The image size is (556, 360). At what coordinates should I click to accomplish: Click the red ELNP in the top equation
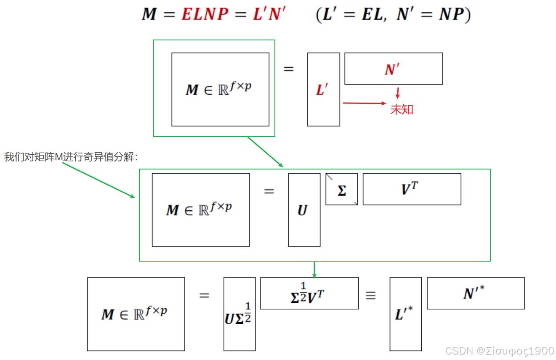(x=205, y=14)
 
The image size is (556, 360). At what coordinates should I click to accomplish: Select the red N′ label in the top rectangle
(x=392, y=69)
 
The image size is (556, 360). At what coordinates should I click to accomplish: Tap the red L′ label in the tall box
(x=322, y=90)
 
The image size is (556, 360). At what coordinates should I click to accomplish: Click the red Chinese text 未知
(x=402, y=110)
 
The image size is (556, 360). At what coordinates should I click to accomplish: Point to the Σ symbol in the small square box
(x=342, y=191)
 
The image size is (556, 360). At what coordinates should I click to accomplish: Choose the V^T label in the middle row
(x=410, y=189)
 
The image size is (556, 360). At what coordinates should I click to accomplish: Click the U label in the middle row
(x=302, y=210)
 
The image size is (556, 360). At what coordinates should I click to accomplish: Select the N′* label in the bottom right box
(x=475, y=293)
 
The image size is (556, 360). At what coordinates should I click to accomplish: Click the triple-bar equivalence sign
(x=370, y=296)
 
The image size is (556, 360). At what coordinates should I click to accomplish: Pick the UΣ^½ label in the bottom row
(x=239, y=315)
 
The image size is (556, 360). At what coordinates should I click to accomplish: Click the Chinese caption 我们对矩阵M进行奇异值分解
(x=71, y=157)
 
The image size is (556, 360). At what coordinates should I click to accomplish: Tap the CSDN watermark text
(x=500, y=351)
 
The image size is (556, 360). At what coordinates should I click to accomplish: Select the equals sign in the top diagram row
(x=288, y=69)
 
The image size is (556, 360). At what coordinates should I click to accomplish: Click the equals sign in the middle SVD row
(x=269, y=191)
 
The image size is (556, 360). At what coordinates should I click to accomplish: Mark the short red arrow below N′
(x=397, y=93)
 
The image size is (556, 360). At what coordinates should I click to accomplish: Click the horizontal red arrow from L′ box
(x=364, y=103)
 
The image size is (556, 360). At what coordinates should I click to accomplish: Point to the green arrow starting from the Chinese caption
(x=98, y=180)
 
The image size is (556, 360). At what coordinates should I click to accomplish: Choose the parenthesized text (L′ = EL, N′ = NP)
(x=393, y=15)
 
